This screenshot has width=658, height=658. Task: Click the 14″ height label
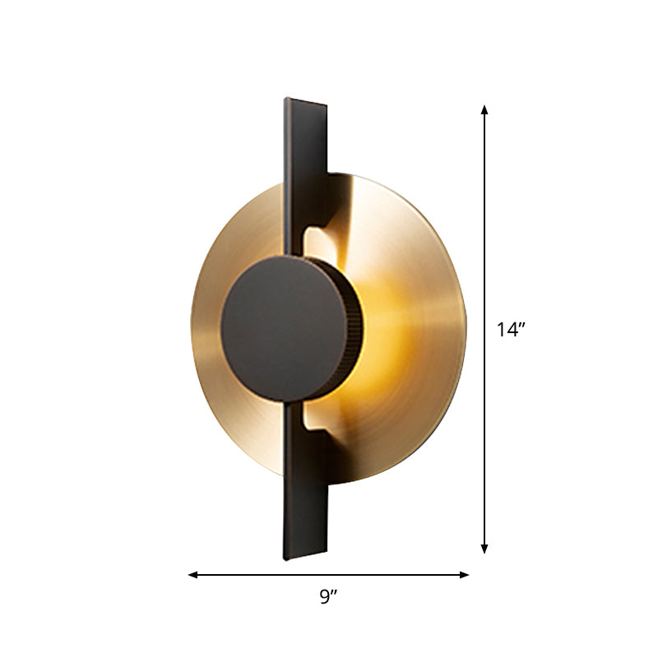510,330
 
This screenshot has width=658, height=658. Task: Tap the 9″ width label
329,598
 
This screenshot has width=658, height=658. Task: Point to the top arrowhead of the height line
485,109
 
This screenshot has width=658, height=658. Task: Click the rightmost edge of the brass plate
465,329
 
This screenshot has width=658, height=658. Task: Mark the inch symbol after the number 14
521,326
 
